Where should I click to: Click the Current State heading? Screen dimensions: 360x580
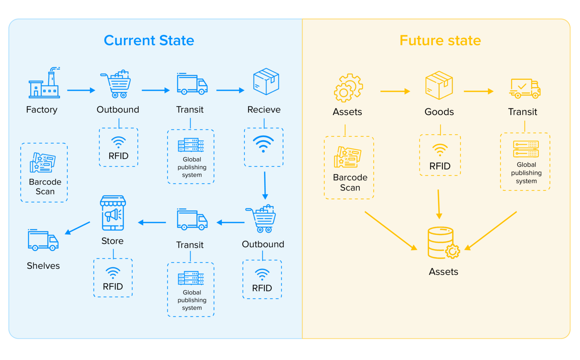coord(149,40)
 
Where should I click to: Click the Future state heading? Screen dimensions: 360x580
coord(440,40)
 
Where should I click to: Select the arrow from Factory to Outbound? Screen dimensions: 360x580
coord(81,90)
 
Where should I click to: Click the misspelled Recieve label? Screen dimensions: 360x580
coord(264,109)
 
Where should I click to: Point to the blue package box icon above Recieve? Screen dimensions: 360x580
coord(266,81)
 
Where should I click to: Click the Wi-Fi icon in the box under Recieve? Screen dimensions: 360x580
coord(263,144)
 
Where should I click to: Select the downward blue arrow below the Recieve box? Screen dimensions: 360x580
coord(265,185)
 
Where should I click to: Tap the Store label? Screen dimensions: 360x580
coord(112,241)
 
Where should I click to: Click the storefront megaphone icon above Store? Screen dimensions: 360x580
coord(113,213)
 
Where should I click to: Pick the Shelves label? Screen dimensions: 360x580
coord(43,266)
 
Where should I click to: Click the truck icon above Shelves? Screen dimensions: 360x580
coord(43,240)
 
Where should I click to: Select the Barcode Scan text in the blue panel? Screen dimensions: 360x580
coord(45,187)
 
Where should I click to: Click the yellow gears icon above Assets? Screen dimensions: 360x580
coord(348,88)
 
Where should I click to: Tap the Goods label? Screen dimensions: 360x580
coord(439,112)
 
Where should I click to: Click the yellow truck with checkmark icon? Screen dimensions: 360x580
coord(525,88)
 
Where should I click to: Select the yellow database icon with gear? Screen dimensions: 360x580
coord(443,243)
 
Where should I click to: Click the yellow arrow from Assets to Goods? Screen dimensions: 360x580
coord(395,91)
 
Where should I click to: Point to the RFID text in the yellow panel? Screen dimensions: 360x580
coord(440,166)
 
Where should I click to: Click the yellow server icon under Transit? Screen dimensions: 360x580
coord(526,149)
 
